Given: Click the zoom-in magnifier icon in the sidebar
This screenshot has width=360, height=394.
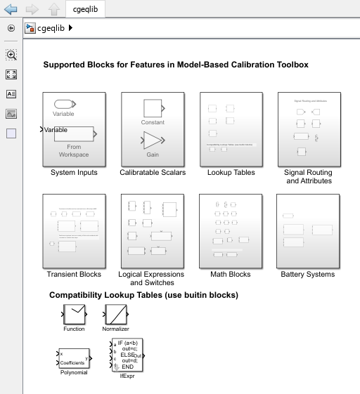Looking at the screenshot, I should click(11, 55).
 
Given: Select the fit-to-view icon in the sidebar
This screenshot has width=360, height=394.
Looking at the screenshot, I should click(11, 74).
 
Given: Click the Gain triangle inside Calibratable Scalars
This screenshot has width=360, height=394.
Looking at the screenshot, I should click(153, 140).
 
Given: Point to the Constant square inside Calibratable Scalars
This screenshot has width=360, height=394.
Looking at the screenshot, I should click(153, 108).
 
